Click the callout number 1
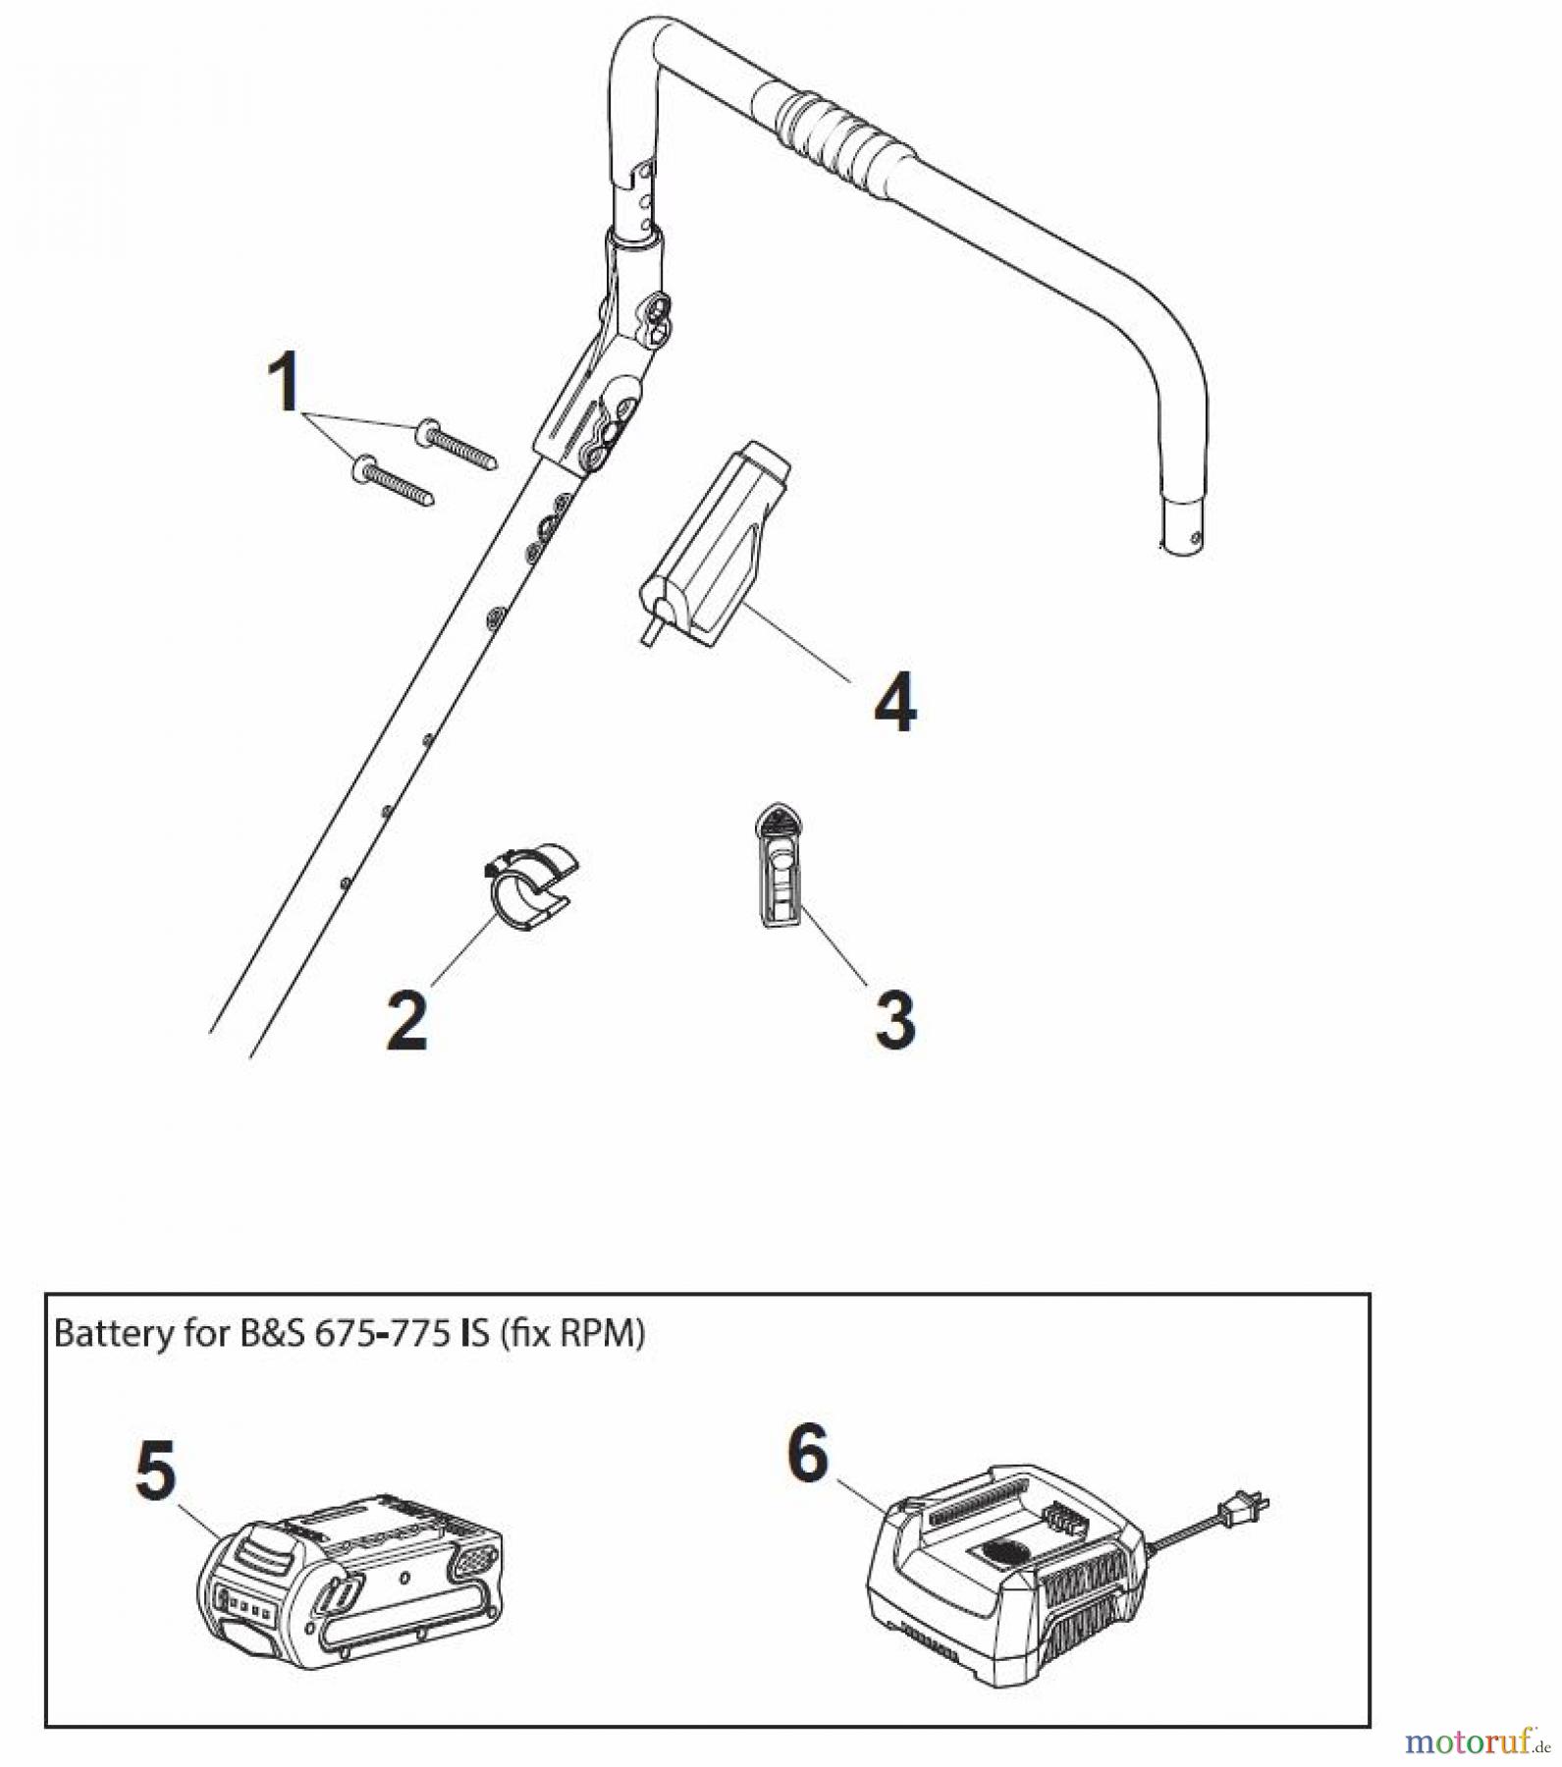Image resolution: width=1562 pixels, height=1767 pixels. click(286, 384)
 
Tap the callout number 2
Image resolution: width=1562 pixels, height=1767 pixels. click(407, 1021)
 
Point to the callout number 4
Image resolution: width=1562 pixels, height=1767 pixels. click(894, 702)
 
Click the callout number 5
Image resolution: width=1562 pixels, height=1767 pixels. click(157, 1471)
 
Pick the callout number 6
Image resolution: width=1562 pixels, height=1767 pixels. click(808, 1455)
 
